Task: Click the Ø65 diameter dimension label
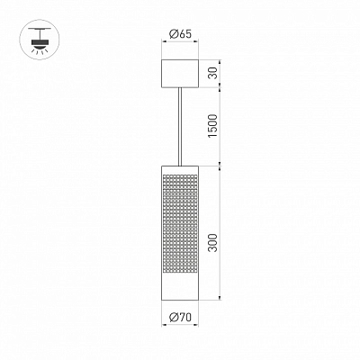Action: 180,34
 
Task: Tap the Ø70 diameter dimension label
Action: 180,317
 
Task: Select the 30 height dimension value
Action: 212,73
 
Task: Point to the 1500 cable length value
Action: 212,126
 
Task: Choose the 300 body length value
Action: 212,242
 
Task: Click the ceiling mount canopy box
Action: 180,74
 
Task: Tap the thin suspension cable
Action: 180,127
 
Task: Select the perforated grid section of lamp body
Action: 180,223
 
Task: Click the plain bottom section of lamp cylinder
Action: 180,286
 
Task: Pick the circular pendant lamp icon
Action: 40,40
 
